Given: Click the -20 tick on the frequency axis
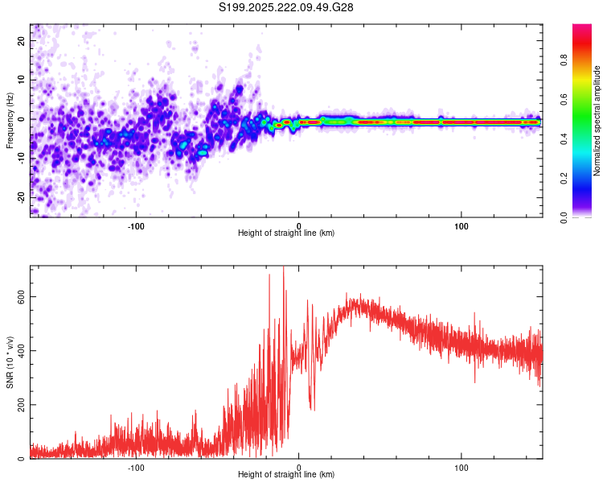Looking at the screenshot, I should point(22,197).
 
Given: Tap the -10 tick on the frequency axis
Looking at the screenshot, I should point(22,158).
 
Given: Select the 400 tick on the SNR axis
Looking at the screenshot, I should point(21,350).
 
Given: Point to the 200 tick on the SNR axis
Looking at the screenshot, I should point(21,404).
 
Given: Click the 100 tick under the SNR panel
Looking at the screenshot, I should point(461,467).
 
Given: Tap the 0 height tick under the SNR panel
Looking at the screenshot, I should point(299,467).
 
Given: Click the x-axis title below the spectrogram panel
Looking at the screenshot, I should point(286,233).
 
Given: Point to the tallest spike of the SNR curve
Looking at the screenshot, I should point(283,268).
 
